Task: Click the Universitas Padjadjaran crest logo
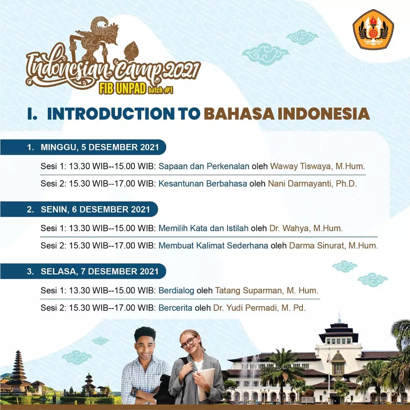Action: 373,30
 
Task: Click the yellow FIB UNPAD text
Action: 122,89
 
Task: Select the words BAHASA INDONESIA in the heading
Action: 287,114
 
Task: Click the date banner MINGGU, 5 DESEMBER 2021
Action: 83,147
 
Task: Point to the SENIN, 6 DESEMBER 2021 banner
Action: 79,210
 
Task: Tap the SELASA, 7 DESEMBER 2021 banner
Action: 83,271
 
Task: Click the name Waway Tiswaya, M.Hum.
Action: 317,166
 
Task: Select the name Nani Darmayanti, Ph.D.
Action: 312,184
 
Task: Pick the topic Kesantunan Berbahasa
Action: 203,184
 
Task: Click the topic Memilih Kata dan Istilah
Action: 203,228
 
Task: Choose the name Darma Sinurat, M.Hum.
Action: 333,246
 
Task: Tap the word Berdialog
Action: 176,290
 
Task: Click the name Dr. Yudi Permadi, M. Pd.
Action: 259,308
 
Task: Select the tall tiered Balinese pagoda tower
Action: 18,371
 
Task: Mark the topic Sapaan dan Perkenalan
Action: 204,166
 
